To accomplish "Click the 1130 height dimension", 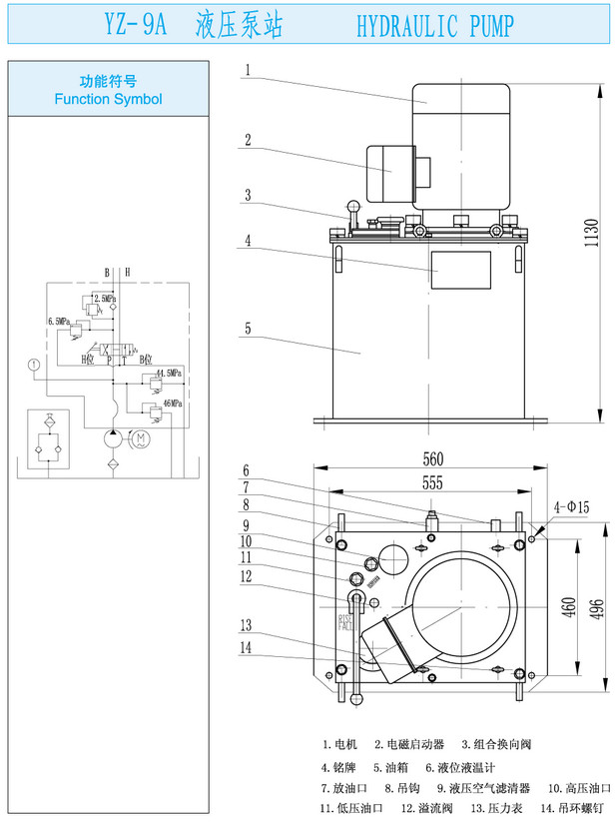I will (x=591, y=234).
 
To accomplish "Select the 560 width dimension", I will (x=432, y=459).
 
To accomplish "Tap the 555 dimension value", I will (x=432, y=481).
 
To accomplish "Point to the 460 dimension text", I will (x=570, y=606).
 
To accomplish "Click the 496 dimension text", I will (x=598, y=606).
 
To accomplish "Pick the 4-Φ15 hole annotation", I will (x=568, y=507).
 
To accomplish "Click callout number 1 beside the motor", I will (x=248, y=70).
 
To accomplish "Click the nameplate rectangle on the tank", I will (x=460, y=271).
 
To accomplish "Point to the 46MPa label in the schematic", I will (x=168, y=403).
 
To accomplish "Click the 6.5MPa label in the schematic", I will (x=58, y=322).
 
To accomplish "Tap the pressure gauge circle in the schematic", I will (x=35, y=365).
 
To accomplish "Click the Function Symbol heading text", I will (x=108, y=99).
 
